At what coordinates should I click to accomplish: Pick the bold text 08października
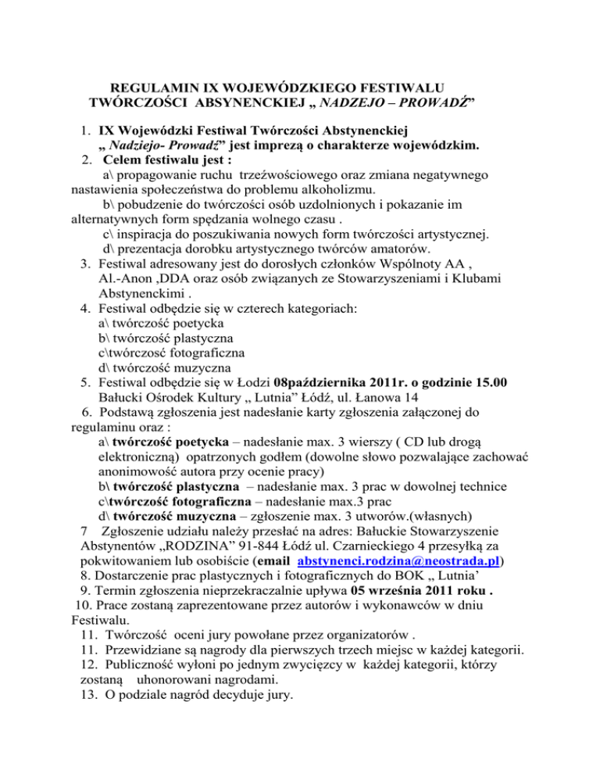[x=320, y=381]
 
